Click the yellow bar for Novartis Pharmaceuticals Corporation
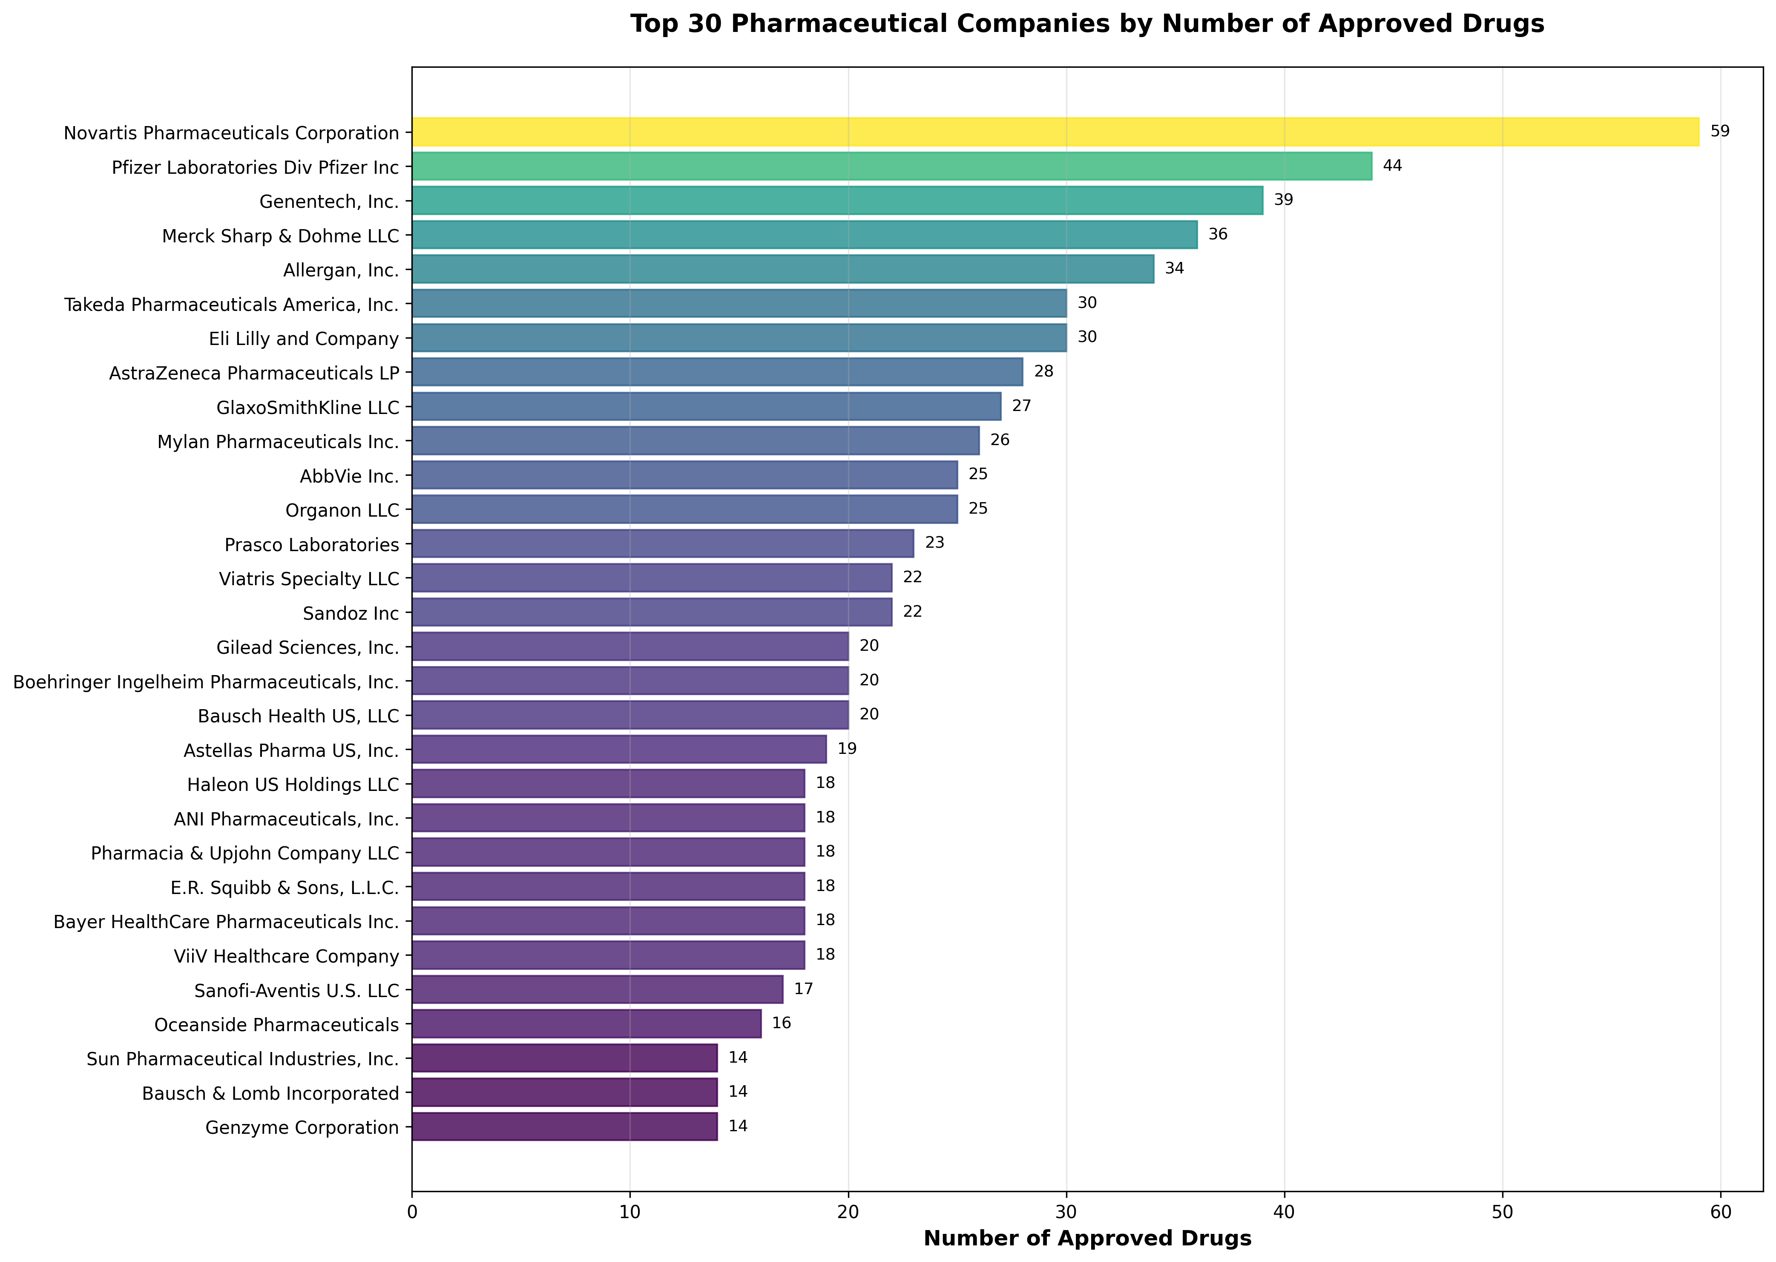(1055, 132)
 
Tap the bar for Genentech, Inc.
(837, 201)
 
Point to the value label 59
(1720, 131)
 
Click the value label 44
(1392, 166)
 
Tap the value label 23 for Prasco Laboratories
(934, 543)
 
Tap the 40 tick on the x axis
(1284, 1211)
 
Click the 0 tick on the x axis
(412, 1211)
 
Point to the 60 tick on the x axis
(1720, 1211)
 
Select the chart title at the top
(1087, 24)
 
